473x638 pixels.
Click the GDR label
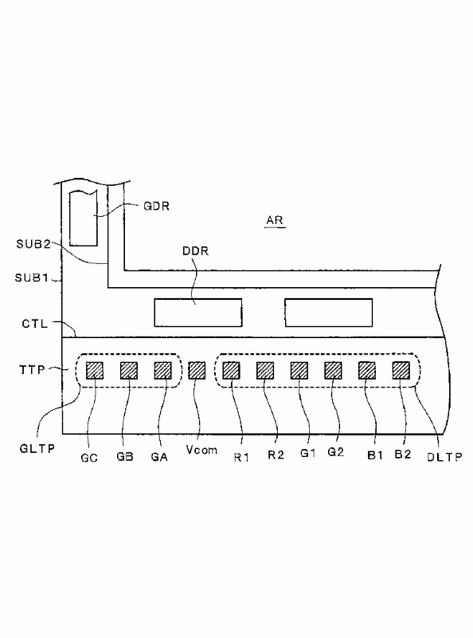pos(156,206)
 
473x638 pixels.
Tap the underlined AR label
pos(275,221)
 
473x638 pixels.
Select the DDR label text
pos(195,251)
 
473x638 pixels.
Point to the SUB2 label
pos(33,244)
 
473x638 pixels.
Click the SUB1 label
pos(32,278)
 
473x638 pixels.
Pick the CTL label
pos(35,325)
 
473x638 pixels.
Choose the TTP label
pos(32,370)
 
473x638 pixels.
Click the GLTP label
pos(37,449)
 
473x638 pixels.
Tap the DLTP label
pos(444,457)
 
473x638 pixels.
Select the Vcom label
pos(201,450)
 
